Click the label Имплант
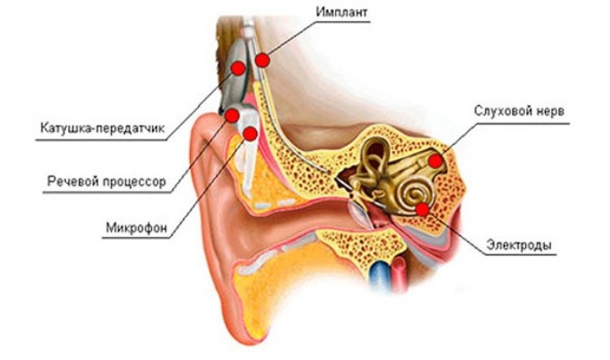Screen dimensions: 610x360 point(341,12)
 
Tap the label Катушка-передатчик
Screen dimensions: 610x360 point(102,128)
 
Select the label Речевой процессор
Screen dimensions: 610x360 point(107,182)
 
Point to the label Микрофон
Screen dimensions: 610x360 point(137,227)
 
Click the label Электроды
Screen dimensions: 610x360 point(519,245)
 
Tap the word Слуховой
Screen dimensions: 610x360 point(499,111)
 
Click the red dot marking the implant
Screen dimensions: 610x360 point(262,61)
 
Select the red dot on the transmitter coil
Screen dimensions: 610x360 point(238,69)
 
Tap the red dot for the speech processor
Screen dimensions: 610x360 point(232,116)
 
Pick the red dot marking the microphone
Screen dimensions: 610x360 point(250,134)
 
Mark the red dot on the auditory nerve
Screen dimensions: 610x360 point(435,161)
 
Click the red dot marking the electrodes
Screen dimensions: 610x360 point(422,210)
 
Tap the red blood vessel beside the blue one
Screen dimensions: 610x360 point(399,274)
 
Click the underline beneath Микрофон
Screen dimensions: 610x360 point(136,238)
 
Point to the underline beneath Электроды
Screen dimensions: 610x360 point(521,255)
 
